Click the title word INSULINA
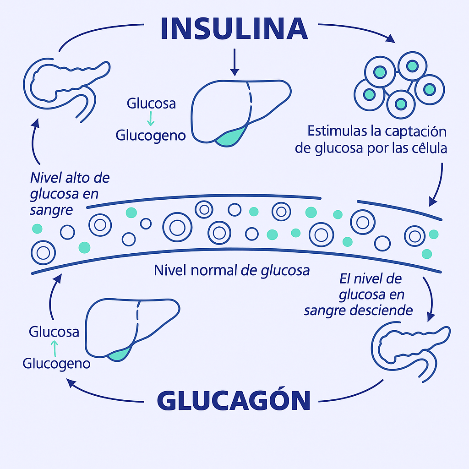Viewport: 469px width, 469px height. (234, 28)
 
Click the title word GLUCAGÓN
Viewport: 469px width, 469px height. (234, 401)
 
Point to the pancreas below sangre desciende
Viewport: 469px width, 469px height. (410, 350)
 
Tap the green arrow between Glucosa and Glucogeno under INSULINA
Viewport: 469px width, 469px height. (151, 119)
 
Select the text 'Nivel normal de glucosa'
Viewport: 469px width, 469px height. (232, 271)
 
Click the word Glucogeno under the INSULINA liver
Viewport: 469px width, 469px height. (151, 136)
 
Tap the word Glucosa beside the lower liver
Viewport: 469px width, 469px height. (54, 332)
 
